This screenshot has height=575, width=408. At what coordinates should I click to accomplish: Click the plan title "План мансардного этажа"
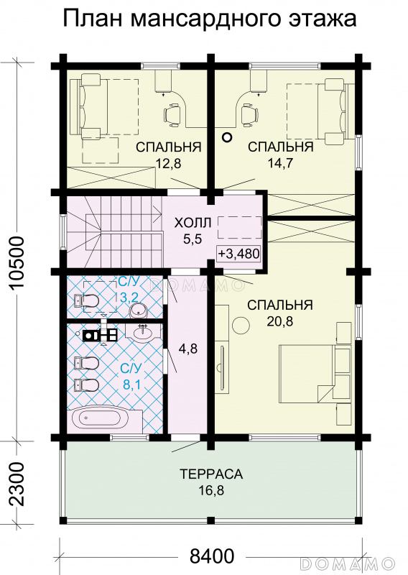(x=210, y=19)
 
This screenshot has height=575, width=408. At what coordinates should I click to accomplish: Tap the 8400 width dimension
(x=212, y=556)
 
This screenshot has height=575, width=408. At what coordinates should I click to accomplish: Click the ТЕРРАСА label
(x=211, y=474)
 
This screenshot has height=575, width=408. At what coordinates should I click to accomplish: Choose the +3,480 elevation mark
(x=238, y=254)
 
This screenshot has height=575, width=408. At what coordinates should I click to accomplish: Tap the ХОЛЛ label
(x=193, y=223)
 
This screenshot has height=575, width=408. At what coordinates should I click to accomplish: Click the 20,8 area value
(x=279, y=321)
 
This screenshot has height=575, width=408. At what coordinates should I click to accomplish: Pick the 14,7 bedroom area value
(x=280, y=163)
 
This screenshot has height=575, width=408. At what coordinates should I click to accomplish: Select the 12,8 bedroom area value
(x=169, y=163)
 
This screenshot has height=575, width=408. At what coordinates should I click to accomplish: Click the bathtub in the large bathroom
(x=100, y=418)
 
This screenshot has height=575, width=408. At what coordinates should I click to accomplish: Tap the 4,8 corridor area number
(x=188, y=349)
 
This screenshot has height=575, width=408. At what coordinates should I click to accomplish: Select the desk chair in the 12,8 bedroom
(x=172, y=113)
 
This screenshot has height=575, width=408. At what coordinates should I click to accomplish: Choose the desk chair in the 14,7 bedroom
(x=250, y=113)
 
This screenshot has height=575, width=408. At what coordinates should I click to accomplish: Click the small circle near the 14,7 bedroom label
(x=228, y=137)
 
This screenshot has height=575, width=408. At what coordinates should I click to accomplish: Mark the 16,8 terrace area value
(x=211, y=490)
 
